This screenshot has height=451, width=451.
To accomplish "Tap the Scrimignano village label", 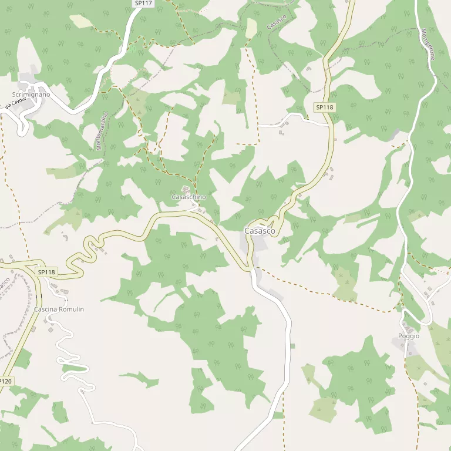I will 31,95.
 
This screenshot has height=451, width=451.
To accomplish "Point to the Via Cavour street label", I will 16,104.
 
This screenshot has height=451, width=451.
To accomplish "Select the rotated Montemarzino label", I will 102,132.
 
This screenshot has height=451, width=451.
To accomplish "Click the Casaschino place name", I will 189,197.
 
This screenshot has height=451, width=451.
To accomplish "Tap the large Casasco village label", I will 260,231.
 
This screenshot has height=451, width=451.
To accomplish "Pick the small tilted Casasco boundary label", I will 276,23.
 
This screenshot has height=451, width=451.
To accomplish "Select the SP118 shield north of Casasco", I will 324,107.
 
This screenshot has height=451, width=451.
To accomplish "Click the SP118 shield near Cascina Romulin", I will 46,272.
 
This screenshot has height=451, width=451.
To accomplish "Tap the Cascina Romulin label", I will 59,309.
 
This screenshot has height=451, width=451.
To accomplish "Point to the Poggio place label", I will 409,336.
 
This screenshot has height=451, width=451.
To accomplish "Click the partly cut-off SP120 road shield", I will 5,381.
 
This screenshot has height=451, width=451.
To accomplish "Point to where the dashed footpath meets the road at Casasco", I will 255,268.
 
